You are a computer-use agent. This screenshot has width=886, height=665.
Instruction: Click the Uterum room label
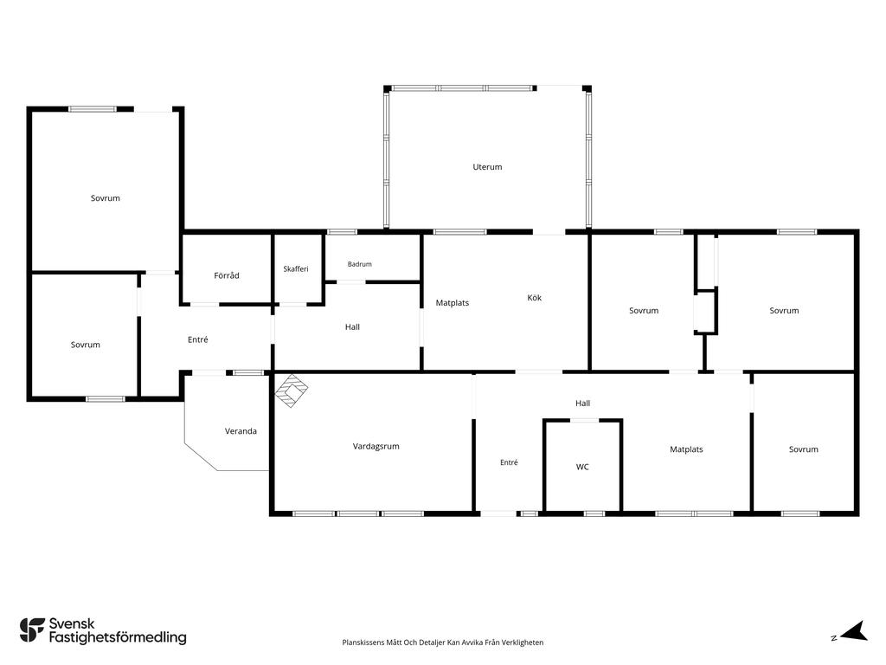(x=487, y=167)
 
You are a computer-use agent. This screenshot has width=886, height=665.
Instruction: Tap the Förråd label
(x=227, y=275)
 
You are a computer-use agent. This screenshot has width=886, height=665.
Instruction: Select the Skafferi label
(x=296, y=268)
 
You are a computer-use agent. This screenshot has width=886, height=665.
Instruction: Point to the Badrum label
(x=359, y=264)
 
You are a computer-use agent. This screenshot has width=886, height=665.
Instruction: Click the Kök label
(x=534, y=298)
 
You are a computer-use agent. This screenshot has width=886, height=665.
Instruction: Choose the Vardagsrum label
(x=376, y=446)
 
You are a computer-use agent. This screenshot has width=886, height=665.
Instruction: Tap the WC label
(x=582, y=467)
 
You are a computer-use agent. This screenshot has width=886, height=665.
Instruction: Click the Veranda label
(x=241, y=431)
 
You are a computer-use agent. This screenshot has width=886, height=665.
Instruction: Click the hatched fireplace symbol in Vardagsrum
(x=291, y=391)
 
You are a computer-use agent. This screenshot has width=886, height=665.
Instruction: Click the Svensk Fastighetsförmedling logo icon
(x=32, y=630)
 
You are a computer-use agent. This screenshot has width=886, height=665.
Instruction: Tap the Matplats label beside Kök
(x=452, y=302)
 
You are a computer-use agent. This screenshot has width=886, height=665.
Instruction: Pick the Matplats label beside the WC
(x=686, y=449)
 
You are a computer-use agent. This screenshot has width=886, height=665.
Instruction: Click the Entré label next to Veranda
(x=198, y=339)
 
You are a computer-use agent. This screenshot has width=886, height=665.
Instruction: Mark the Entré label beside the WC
(x=509, y=462)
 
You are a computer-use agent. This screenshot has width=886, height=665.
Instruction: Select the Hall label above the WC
(x=582, y=404)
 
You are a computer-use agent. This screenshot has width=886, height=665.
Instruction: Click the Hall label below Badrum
(x=352, y=326)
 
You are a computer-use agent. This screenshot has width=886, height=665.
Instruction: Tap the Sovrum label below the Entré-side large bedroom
(x=86, y=345)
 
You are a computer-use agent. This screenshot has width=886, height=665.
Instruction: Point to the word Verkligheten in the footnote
(x=524, y=642)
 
